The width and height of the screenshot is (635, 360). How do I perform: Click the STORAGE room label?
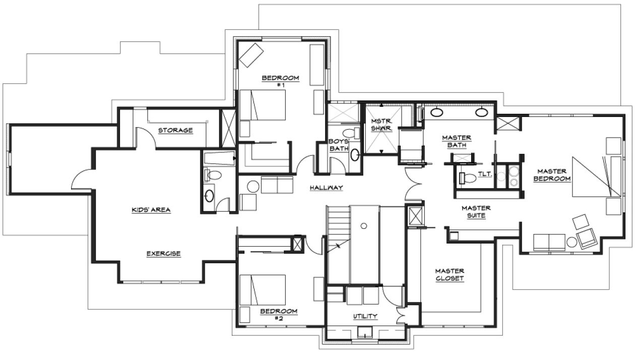[x=175, y=130]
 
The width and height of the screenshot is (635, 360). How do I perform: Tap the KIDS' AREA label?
[x=151, y=210]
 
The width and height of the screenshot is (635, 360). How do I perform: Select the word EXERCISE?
[x=164, y=253]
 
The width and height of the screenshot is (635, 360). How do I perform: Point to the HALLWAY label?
[x=327, y=188]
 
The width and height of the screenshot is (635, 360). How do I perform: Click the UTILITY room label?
[x=365, y=316]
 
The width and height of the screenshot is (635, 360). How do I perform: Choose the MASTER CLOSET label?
[x=450, y=275]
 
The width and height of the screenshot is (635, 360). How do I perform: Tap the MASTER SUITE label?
[x=476, y=212]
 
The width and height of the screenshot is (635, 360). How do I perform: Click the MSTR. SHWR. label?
[x=382, y=125]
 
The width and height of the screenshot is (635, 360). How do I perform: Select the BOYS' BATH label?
[x=339, y=145]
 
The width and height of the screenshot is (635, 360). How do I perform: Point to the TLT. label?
[x=485, y=174]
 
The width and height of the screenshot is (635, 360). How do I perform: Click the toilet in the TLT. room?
[x=468, y=178]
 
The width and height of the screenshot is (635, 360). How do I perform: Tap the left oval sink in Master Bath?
[x=436, y=112]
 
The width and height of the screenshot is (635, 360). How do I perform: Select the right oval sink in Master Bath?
[x=482, y=112]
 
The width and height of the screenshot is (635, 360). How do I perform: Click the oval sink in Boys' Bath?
[x=355, y=155]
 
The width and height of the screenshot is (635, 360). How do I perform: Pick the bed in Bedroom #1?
[x=263, y=105]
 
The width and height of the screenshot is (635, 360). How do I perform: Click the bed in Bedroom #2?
[x=263, y=289]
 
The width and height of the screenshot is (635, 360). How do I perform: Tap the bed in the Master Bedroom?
[x=596, y=176]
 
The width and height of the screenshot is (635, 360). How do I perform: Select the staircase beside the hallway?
[x=339, y=230]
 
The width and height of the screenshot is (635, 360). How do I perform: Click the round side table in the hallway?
[x=253, y=187]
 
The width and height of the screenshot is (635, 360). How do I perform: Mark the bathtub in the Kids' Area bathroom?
[x=220, y=158]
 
